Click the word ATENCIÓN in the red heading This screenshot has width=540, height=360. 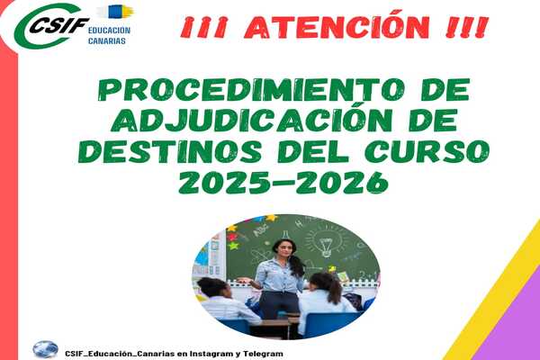(x=337, y=26)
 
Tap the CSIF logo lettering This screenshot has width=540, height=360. (x=59, y=25)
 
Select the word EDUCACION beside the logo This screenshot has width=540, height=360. (x=109, y=31)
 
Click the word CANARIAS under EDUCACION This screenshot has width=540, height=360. (x=107, y=40)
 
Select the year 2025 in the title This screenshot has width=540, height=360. (x=224, y=182)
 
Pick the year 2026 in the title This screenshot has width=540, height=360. (x=342, y=182)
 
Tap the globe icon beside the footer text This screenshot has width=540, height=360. (x=46, y=349)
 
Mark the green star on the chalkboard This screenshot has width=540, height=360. (x=233, y=246)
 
